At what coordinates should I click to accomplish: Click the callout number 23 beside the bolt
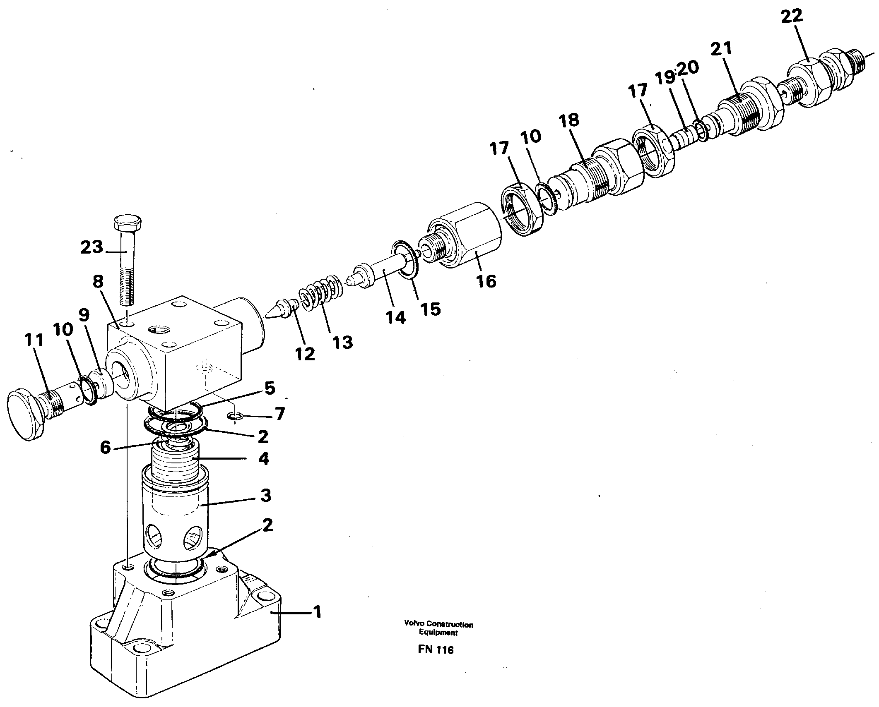(x=92, y=247)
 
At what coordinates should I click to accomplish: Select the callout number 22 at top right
(x=792, y=17)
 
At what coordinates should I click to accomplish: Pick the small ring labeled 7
(x=235, y=417)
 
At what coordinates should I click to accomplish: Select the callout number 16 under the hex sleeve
(x=486, y=281)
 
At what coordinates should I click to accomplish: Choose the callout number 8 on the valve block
(x=98, y=282)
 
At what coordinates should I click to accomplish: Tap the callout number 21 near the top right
(x=721, y=48)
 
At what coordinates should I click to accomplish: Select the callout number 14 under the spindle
(x=395, y=317)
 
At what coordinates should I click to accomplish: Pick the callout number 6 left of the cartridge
(x=106, y=447)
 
